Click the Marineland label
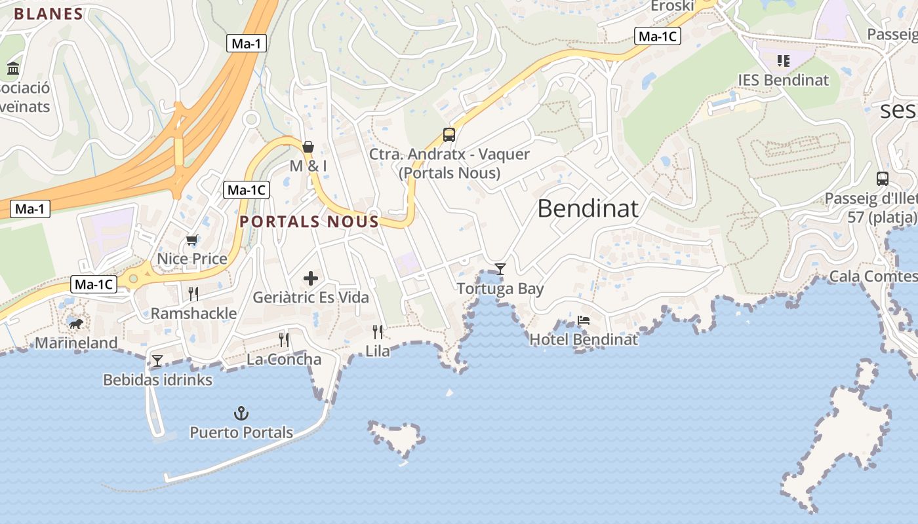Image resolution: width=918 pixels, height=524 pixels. pyautogui.click(x=76, y=343)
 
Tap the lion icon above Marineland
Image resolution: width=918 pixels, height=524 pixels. pyautogui.click(x=76, y=324)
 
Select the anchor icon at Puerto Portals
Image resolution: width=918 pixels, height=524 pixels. pyautogui.click(x=241, y=413)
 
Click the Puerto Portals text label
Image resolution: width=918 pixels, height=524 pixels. pyautogui.click(x=241, y=432)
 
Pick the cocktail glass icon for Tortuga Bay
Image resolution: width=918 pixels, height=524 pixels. pyautogui.click(x=500, y=269)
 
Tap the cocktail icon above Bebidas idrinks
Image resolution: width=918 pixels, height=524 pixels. pyautogui.click(x=157, y=360)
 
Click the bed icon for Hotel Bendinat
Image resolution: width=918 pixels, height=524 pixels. pyautogui.click(x=584, y=320)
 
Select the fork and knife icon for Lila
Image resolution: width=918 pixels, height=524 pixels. pyautogui.click(x=378, y=331)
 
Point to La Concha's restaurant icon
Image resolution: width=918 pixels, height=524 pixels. pyautogui.click(x=284, y=339)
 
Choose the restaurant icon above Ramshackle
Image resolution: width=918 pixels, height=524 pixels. pyautogui.click(x=193, y=293)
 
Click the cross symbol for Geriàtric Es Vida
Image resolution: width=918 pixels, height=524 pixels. pyautogui.click(x=311, y=278)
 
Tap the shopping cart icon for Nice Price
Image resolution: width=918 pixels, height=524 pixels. pyautogui.click(x=191, y=240)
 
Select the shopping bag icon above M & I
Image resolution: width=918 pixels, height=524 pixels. pyautogui.click(x=308, y=146)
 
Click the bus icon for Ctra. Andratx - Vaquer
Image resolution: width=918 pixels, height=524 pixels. pyautogui.click(x=449, y=135)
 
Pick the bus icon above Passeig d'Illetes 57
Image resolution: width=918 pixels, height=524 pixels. pyautogui.click(x=883, y=178)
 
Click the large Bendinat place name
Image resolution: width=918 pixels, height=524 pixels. pyautogui.click(x=588, y=208)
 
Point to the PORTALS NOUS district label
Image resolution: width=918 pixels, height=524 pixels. pyautogui.click(x=309, y=221)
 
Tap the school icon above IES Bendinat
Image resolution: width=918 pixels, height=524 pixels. pyautogui.click(x=783, y=61)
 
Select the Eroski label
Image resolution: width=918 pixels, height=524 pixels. pyautogui.click(x=672, y=6)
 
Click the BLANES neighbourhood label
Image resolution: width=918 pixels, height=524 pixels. pyautogui.click(x=49, y=14)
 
